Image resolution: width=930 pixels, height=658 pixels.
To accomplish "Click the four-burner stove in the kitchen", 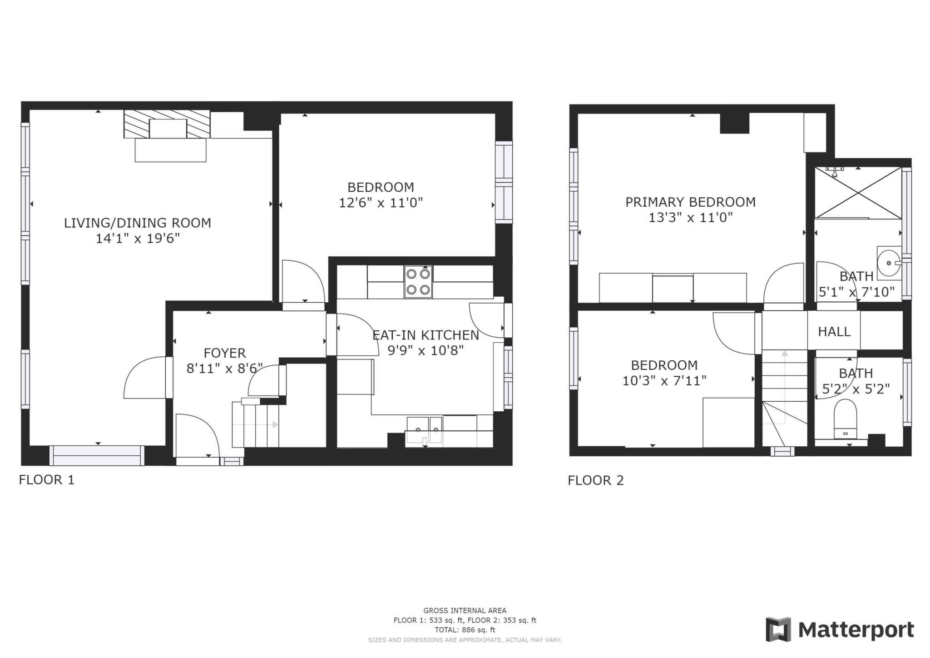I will [x=418, y=282].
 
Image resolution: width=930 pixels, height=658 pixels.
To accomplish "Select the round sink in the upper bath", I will [x=888, y=263].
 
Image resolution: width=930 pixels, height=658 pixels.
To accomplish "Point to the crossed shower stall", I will [x=858, y=193].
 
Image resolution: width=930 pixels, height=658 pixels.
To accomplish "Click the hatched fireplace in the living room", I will [x=167, y=123].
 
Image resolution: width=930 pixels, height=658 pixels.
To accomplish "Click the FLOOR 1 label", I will [x=46, y=480].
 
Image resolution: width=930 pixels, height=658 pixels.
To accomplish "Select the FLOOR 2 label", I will [x=596, y=480].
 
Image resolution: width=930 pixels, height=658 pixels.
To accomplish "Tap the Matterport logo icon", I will [x=778, y=629].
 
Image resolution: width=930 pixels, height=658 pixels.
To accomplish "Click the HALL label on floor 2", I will [x=834, y=332].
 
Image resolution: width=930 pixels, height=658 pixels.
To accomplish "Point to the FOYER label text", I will [x=225, y=353].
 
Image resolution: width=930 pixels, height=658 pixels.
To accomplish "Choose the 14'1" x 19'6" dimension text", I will [x=138, y=239].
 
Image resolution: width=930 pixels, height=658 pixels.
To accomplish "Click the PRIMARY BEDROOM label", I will [x=690, y=202].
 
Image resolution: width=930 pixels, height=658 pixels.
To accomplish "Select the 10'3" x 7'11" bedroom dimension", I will [x=664, y=381].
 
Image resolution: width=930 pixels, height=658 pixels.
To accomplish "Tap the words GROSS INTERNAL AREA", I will [x=465, y=611].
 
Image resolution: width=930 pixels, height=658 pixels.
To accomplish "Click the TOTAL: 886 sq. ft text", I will [x=465, y=630].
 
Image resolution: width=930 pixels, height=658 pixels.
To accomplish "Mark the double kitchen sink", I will [x=424, y=429].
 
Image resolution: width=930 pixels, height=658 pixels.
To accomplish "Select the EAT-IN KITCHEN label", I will [x=425, y=335].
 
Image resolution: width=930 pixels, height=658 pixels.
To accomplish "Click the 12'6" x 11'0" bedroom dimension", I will [x=381, y=203].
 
